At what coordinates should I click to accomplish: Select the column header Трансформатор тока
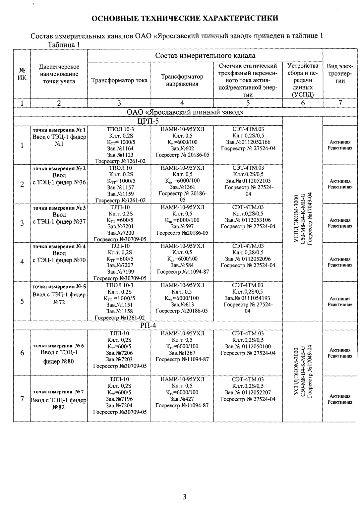[119, 80]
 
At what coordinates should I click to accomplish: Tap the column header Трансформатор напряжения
[182, 80]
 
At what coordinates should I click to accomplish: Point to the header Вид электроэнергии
[340, 73]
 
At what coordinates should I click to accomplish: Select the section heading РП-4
[148, 325]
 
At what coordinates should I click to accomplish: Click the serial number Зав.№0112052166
[248, 142]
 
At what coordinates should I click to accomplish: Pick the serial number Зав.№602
[182, 148]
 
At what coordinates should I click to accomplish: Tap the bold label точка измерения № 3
[59, 208]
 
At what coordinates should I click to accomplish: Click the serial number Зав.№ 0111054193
[248, 298]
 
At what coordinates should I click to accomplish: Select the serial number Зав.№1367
[182, 353]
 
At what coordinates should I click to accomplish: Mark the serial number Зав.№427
[182, 399]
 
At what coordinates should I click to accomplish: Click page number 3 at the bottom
[185, 496]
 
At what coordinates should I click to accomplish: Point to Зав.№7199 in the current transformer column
[119, 272]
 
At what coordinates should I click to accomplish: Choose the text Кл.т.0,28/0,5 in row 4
[248, 253]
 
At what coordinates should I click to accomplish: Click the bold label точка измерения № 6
[59, 346]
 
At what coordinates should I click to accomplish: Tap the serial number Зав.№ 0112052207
[248, 392]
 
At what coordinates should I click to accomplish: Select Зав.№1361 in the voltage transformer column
[182, 187]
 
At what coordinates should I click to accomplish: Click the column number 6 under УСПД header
[302, 103]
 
